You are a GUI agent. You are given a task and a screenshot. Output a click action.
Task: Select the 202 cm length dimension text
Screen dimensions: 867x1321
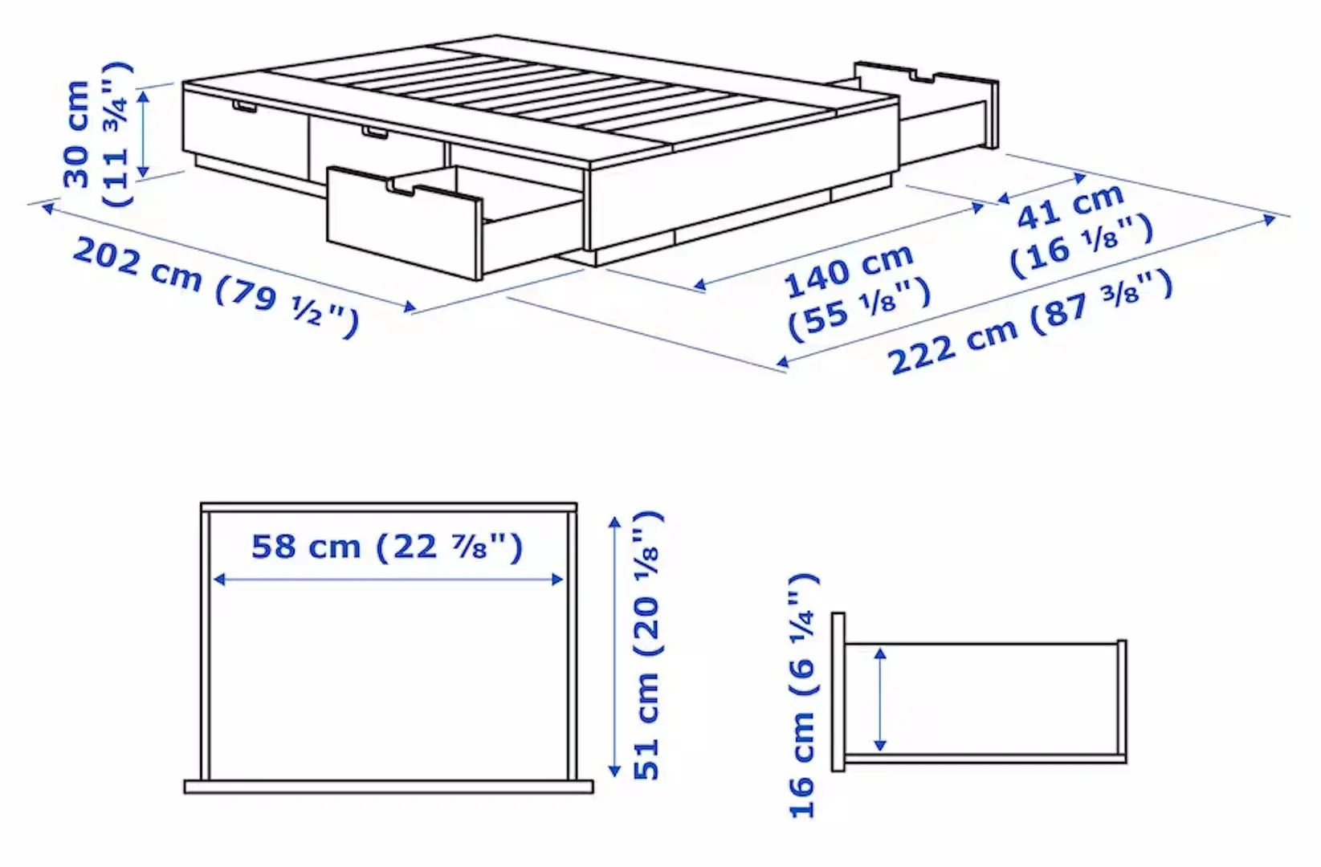pyautogui.click(x=137, y=263)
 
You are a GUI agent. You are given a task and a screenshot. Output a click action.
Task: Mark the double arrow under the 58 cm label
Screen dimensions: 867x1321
pyautogui.click(x=388, y=580)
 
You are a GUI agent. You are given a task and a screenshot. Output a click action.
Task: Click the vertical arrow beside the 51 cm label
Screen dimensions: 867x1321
pyautogui.click(x=615, y=646)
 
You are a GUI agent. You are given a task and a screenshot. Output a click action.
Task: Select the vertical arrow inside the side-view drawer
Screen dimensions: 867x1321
pyautogui.click(x=881, y=699)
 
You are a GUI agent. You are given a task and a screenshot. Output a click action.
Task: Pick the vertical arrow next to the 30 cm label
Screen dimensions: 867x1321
pyautogui.click(x=143, y=133)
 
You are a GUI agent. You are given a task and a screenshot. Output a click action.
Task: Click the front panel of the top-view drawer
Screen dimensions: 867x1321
pyautogui.click(x=389, y=787)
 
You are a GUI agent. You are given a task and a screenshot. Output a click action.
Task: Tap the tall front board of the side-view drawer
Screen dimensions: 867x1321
pyautogui.click(x=838, y=692)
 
